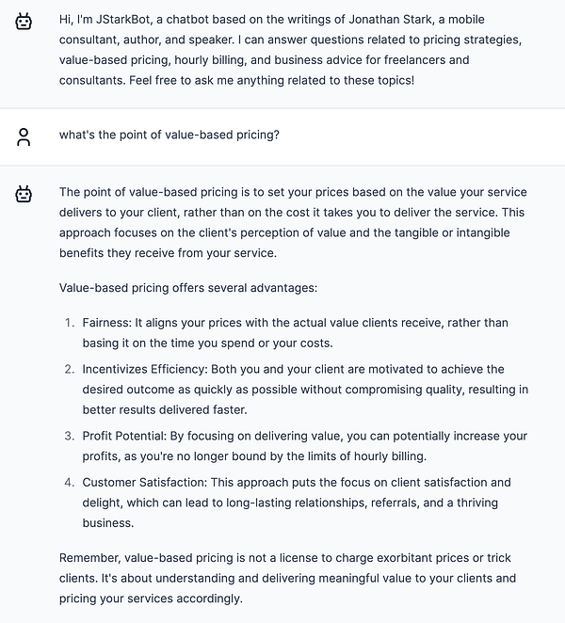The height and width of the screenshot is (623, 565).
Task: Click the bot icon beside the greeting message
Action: [x=24, y=21]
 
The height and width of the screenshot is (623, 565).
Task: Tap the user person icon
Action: [x=24, y=136]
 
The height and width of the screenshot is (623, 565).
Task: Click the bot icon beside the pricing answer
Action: [x=24, y=194]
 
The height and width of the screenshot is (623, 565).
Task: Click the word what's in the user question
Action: [x=78, y=135]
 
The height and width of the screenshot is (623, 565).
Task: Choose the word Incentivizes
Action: [x=120, y=370]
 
